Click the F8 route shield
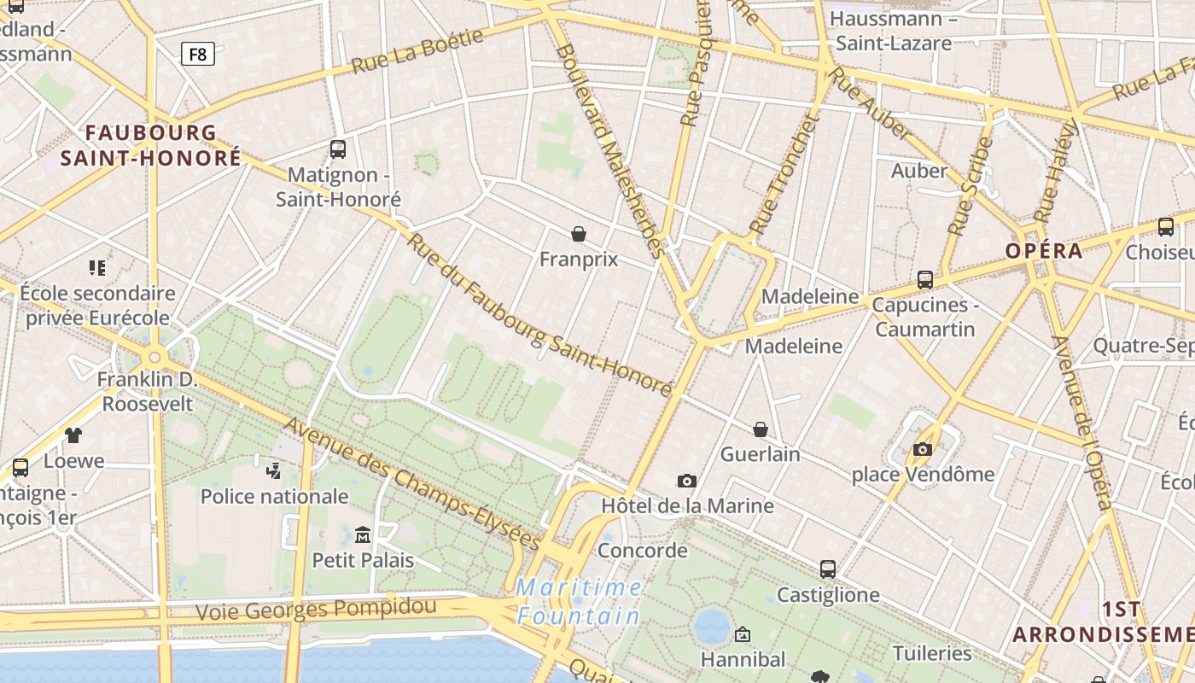pos(197,55)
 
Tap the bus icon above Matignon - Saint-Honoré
pos(338,149)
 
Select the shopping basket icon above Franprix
pos(579,234)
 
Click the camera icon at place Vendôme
pos(923,449)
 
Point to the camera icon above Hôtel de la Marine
pos(687,482)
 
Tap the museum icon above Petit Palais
pos(363,535)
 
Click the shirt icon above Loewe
pos(73,435)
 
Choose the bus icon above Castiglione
pos(828,569)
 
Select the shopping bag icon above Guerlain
pos(761,429)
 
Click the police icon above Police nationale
pos(274,470)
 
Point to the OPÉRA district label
pos(1043,251)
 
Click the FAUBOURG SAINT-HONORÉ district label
pos(151,145)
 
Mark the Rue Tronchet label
pos(784,175)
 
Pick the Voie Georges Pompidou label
pos(316,610)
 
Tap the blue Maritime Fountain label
pos(580,602)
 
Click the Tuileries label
pos(932,654)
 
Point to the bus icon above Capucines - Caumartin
pos(924,280)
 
